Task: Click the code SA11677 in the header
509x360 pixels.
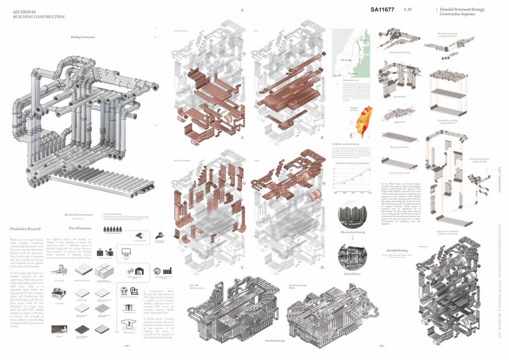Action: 385,9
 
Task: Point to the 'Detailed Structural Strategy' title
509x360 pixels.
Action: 461,9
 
